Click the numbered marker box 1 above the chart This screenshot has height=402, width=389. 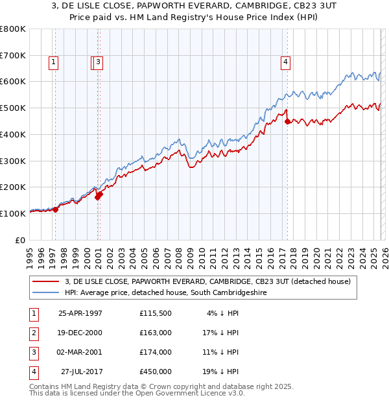tap(53, 63)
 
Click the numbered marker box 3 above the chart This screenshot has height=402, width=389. tap(99, 63)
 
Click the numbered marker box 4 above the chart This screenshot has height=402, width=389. tap(285, 63)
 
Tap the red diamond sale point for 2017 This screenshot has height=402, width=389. tap(287, 120)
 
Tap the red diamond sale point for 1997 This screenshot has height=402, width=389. tap(56, 209)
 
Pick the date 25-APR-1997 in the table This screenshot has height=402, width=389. tap(80, 313)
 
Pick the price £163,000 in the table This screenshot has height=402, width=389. tap(156, 333)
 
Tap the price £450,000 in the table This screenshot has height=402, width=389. tap(156, 372)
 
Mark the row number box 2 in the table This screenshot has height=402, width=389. tap(33, 333)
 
